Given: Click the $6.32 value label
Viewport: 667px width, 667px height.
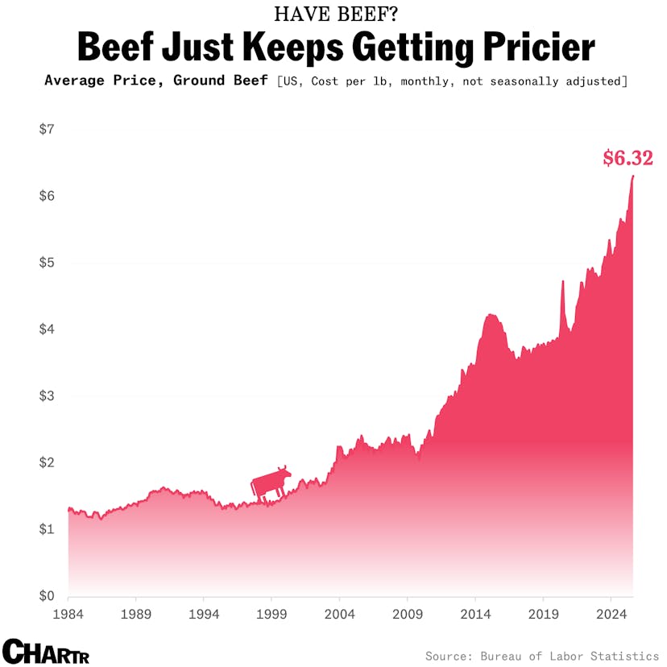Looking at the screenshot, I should (628, 159).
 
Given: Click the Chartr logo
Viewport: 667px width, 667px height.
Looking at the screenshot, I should (46, 651).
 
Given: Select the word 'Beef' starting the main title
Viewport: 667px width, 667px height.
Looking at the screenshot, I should (113, 48).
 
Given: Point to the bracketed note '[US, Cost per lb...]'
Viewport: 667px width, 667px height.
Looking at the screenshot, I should (451, 81).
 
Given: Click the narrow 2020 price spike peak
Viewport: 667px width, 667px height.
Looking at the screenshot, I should (563, 281).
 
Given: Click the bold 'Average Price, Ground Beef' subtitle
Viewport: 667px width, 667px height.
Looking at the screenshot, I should (155, 81).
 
